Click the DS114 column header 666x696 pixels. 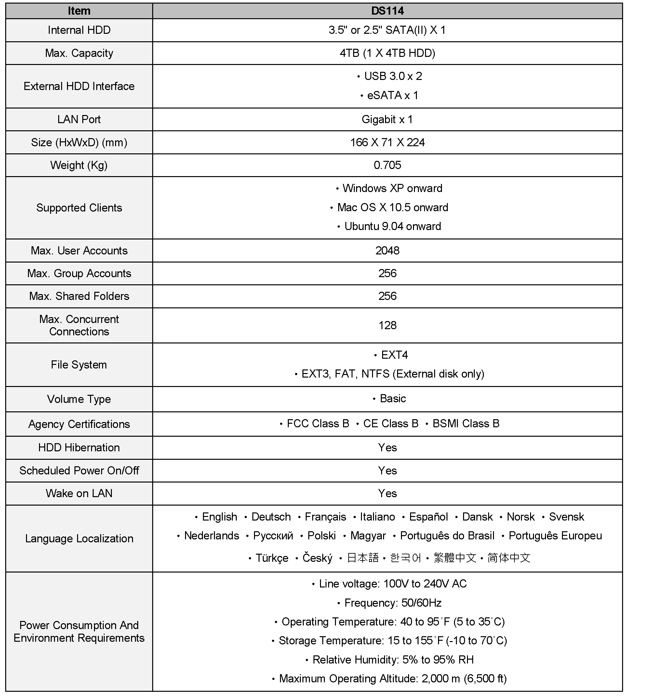click(387, 11)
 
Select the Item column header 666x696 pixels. click(79, 11)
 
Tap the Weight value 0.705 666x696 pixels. click(387, 165)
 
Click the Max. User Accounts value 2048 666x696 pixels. click(387, 251)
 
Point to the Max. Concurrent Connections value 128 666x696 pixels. click(387, 325)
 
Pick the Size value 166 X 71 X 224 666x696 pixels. click(387, 142)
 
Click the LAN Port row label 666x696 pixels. click(79, 119)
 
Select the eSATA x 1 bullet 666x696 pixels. click(392, 95)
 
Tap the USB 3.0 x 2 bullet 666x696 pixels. click(393, 76)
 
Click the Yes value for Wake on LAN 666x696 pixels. click(387, 493)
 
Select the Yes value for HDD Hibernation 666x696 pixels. click(387, 447)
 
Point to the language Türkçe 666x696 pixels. click(272, 558)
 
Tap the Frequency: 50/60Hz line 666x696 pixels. click(393, 603)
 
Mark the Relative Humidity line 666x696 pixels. click(393, 660)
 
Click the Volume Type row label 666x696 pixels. click(79, 399)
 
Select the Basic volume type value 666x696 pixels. click(392, 398)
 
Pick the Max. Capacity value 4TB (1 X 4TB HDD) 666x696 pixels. click(387, 53)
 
